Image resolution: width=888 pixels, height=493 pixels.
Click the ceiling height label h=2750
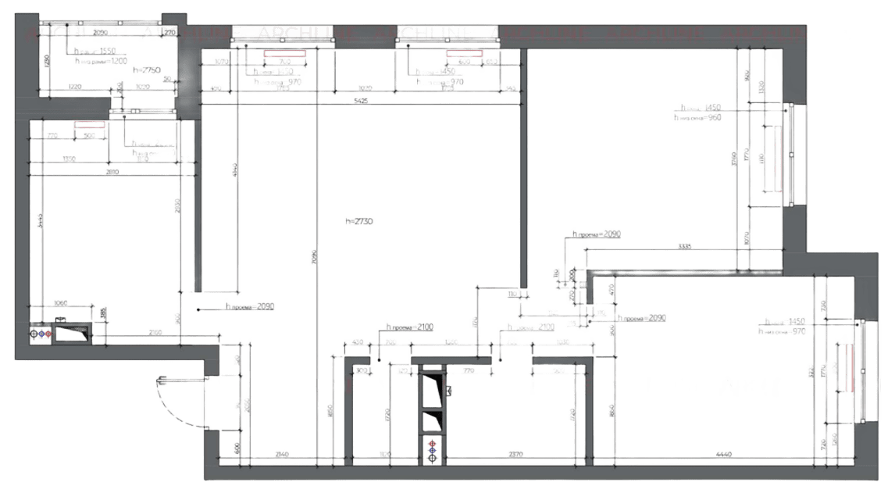[147, 70]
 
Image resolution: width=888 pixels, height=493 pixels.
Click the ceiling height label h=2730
[360, 222]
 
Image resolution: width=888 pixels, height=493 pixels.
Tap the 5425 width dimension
[361, 100]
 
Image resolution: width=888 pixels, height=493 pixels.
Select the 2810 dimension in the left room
[112, 171]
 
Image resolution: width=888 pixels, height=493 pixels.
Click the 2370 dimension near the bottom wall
[515, 452]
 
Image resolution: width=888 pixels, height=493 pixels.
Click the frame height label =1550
[96, 50]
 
